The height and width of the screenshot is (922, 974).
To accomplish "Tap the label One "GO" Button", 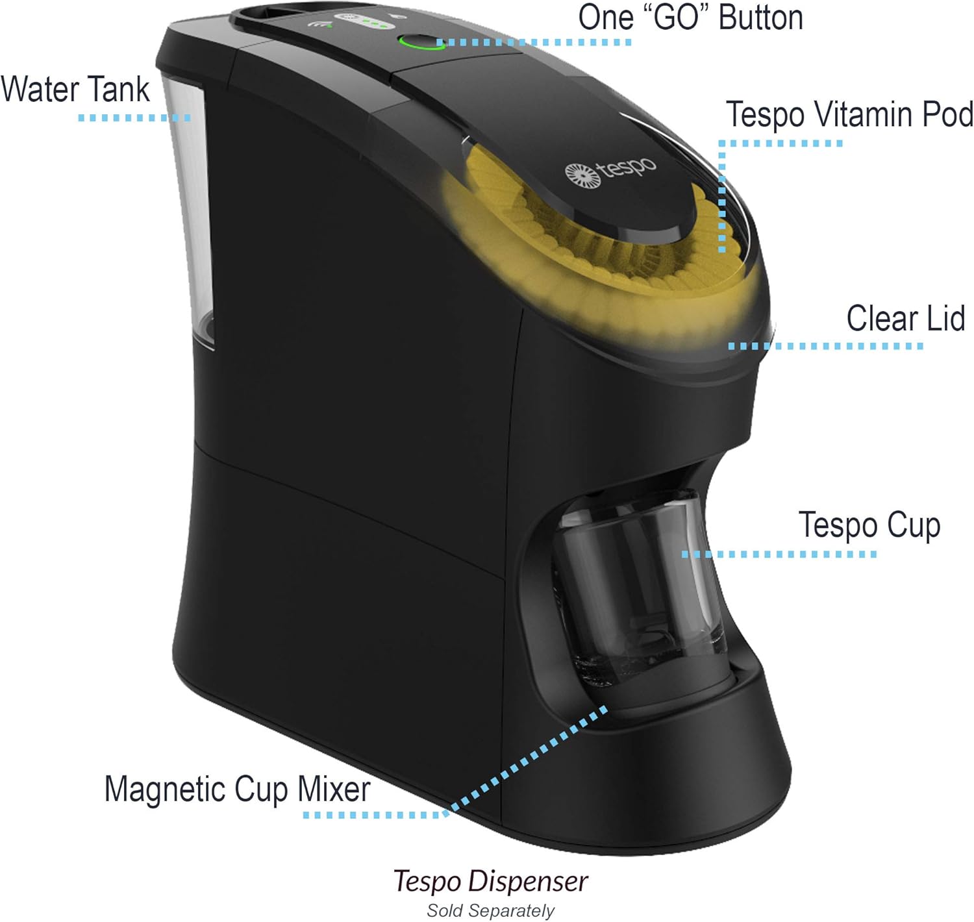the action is point(690,18).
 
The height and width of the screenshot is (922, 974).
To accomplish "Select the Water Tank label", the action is point(75,89).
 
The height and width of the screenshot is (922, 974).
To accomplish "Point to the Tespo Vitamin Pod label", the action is point(849,115).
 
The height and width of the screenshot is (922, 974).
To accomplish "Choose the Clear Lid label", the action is point(905,318).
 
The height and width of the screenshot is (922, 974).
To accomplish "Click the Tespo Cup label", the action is point(869,525).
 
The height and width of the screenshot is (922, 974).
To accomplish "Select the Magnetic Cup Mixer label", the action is point(237,790).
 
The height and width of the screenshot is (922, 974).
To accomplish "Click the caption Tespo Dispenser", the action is point(490,881).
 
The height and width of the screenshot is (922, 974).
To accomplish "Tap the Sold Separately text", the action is point(490,910).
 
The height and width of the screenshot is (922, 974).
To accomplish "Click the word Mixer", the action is point(334,790).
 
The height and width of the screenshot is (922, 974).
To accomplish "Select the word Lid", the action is point(945,318).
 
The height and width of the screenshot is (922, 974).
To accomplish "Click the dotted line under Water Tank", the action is point(134,118).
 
